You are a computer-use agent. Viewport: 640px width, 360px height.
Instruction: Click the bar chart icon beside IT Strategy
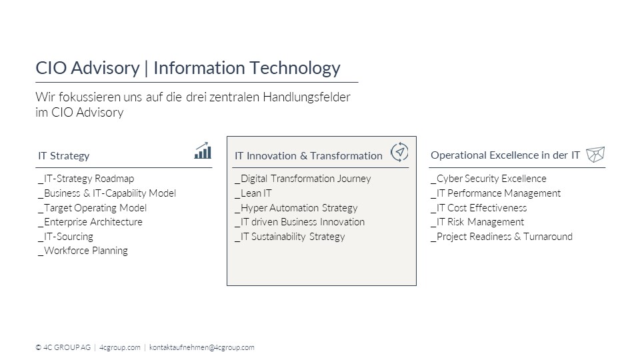(x=203, y=151)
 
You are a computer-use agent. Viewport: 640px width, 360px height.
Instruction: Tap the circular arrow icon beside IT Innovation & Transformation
(x=399, y=152)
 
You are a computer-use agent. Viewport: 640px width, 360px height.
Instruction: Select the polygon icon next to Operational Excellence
(x=595, y=154)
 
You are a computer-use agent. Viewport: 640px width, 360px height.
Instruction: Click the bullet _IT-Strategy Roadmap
(x=86, y=179)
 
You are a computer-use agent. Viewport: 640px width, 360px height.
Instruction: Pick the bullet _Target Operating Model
(x=92, y=208)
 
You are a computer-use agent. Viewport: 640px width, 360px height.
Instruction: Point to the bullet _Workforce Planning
(x=83, y=251)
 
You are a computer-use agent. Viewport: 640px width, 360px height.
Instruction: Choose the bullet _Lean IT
(x=253, y=193)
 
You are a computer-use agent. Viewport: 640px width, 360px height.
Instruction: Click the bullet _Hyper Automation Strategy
(x=296, y=208)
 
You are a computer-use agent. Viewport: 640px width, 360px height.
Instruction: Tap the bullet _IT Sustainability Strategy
(x=290, y=237)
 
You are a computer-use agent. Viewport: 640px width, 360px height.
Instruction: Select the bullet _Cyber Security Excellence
(x=489, y=179)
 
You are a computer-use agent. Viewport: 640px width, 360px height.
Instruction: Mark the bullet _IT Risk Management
(x=477, y=222)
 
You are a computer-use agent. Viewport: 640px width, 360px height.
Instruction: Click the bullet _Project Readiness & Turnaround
(x=501, y=237)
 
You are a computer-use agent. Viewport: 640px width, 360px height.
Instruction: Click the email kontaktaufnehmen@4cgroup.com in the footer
(x=201, y=347)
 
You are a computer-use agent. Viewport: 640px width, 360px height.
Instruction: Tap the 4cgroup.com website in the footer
(x=119, y=347)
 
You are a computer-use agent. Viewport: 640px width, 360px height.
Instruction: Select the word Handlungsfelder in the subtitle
(x=307, y=97)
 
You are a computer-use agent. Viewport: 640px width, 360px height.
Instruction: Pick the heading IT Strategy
(x=64, y=156)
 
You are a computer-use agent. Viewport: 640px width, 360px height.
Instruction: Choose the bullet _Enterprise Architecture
(x=90, y=222)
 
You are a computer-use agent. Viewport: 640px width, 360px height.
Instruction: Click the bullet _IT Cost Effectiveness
(x=479, y=208)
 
